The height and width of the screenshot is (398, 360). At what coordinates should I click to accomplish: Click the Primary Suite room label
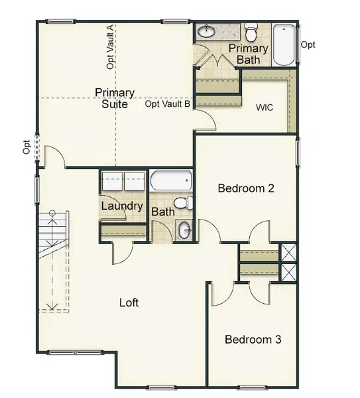click(x=115, y=98)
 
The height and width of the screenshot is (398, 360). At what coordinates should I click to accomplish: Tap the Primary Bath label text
click(x=249, y=54)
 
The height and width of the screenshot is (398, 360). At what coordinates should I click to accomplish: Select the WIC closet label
click(x=265, y=107)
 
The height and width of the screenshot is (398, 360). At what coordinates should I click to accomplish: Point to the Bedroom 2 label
click(x=246, y=188)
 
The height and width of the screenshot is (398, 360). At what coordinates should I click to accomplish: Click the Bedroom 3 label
click(x=253, y=340)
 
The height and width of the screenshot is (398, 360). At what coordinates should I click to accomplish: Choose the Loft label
click(x=129, y=302)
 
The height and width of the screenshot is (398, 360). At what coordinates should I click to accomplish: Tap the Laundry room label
click(x=122, y=206)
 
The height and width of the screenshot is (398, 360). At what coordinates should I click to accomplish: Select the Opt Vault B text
click(x=168, y=104)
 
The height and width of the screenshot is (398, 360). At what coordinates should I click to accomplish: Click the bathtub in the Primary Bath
click(x=284, y=44)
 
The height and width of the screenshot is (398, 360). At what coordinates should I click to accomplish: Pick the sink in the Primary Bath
click(x=207, y=31)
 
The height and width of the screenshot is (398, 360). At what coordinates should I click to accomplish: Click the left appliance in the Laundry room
click(x=111, y=181)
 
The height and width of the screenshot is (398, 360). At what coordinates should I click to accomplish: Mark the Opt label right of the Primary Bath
click(x=308, y=44)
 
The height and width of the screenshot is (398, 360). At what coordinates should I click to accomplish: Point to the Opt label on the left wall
click(x=27, y=147)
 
